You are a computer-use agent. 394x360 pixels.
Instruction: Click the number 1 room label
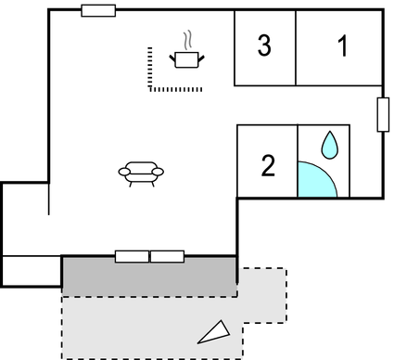coord(343,46)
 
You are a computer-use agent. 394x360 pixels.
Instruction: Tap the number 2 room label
coord(268,166)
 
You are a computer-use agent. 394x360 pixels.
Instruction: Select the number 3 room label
coord(264,45)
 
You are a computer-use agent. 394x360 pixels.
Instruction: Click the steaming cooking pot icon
coord(186,59)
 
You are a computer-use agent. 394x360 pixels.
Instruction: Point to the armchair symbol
coord(141,173)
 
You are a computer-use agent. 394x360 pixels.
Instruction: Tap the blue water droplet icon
coord(329,144)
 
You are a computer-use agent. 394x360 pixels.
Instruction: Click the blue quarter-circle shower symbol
coord(314,180)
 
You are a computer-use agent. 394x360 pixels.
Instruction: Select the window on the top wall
coord(98,10)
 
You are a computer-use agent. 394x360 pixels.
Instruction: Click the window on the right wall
coord(382,114)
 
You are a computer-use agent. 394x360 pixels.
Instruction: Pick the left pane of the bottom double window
coord(132,256)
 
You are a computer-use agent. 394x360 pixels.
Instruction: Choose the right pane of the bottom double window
coord(167,256)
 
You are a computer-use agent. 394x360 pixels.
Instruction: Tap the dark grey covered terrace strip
coord(148,277)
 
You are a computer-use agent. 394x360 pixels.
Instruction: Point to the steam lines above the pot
coord(189,41)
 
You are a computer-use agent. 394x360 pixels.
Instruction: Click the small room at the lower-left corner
coord(32,270)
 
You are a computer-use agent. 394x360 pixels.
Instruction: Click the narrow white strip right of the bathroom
coord(365,161)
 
